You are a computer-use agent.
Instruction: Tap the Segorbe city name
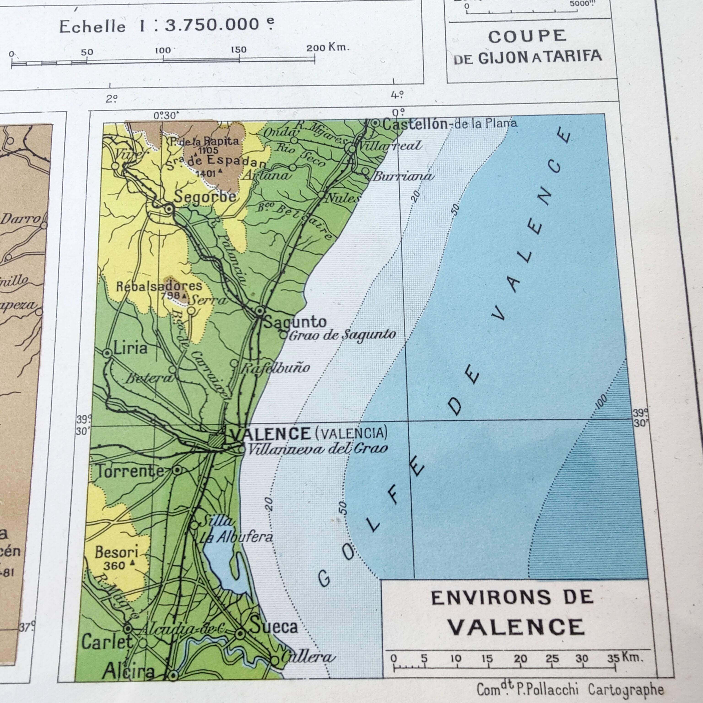click(x=205, y=197)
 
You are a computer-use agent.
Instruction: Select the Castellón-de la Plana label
click(x=449, y=124)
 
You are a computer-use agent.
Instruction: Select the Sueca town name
click(x=274, y=626)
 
